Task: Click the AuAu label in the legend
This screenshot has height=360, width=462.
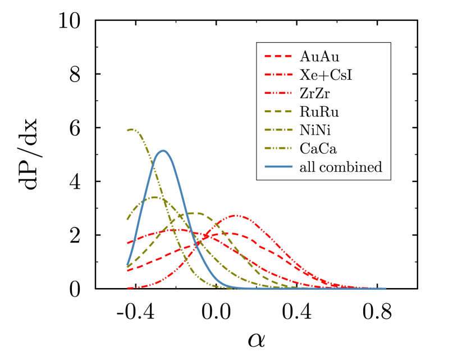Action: [319, 57]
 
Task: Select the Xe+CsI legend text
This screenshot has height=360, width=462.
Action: [326, 75]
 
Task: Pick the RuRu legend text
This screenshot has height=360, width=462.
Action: [319, 112]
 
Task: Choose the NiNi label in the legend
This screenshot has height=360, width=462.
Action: [315, 130]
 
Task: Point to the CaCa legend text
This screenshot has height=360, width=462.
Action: [318, 148]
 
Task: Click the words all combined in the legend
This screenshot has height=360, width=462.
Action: [340, 167]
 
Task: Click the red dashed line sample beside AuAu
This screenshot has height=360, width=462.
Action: [278, 57]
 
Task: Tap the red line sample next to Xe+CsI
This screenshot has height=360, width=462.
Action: [278, 75]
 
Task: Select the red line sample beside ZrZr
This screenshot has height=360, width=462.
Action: [278, 93]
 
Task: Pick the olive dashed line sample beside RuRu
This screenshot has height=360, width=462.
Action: [278, 112]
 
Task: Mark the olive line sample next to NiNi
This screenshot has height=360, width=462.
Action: [278, 130]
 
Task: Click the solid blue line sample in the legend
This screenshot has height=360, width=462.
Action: [278, 167]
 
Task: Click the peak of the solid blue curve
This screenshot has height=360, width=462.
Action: [163, 151]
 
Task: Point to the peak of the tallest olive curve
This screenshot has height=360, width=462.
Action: [131, 130]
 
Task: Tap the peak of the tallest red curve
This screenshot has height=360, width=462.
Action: [237, 215]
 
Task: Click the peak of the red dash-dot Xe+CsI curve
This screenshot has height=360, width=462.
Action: [175, 229]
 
